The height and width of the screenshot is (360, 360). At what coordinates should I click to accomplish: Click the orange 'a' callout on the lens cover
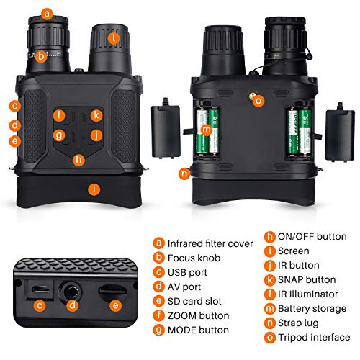(x=47, y=14)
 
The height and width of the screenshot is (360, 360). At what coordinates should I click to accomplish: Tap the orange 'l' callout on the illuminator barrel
(x=114, y=38)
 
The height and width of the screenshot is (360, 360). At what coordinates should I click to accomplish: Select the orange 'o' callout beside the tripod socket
(x=258, y=101)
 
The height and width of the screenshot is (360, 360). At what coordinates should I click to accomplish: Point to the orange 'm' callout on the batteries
(x=206, y=130)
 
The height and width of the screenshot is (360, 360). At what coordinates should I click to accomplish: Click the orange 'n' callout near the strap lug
(x=184, y=174)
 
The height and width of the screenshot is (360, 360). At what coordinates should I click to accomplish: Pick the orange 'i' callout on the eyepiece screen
(x=94, y=189)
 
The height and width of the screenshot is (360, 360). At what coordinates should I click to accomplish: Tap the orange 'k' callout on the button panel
(x=96, y=115)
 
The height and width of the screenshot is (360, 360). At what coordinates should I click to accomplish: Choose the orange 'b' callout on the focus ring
(x=41, y=57)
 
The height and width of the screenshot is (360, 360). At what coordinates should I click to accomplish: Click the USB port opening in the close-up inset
(x=41, y=289)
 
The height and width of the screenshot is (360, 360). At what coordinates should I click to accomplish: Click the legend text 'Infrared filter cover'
(x=210, y=243)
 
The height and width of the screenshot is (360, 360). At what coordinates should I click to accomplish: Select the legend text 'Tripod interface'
(x=314, y=337)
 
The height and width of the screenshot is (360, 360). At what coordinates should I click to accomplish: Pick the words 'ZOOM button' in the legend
(x=198, y=315)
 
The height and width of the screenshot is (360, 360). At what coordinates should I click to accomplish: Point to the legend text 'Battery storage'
(x=312, y=309)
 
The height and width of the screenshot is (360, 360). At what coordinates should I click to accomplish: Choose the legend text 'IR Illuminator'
(x=307, y=294)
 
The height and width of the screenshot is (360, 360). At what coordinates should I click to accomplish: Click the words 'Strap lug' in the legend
(x=298, y=323)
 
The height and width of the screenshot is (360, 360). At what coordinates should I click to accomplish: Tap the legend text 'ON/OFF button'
(x=312, y=236)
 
